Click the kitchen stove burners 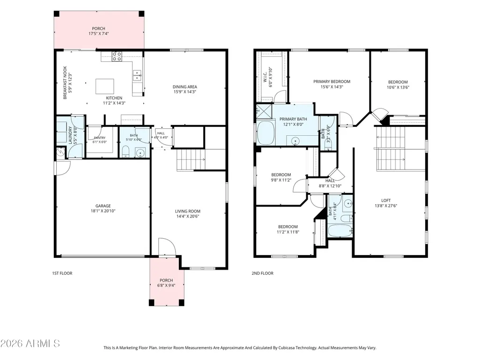pos(117,57)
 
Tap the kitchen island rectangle pos(105,86)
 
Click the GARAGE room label pos(103,206)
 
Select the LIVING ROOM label pos(188,211)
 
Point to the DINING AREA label pos(185,87)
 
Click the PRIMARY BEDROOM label pos(332,81)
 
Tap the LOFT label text pos(386,200)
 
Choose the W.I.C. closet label pos(265,77)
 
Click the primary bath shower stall pos(264,111)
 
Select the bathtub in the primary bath pos(266,133)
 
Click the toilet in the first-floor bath pos(126,152)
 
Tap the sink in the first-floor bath pos(140,153)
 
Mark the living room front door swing pos(167,246)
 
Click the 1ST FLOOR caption pos(62,273)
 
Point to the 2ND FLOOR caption pos(262,273)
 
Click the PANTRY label pos(99,138)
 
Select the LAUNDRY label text pos(70,135)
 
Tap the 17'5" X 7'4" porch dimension pos(98,34)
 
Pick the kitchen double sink pos(137,75)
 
